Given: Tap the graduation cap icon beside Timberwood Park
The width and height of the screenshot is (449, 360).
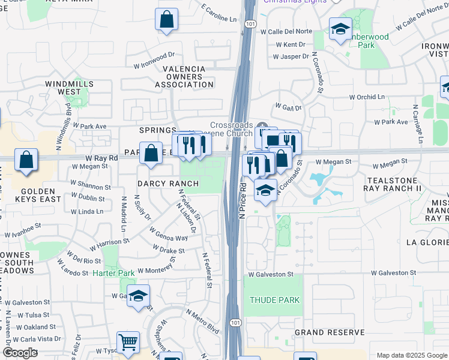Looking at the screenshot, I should tap(340, 28).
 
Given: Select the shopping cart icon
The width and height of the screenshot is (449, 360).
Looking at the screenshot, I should tap(128, 343).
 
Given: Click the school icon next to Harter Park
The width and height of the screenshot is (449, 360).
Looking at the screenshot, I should tap(138, 295).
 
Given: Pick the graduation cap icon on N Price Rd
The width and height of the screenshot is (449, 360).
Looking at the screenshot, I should tap(265, 190).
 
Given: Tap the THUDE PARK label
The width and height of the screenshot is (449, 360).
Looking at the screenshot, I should tap(274, 300).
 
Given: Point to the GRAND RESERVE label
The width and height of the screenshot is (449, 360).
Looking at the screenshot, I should tap(330, 332).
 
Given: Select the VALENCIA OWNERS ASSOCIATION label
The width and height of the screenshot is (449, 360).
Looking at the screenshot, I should tap(184, 77).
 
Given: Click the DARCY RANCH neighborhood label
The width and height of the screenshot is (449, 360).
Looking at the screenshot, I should tap(160, 184).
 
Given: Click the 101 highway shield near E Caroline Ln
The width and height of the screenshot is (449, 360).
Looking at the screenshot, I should tap(249, 23).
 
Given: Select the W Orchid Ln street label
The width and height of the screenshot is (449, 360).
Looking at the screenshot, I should tap(367, 97).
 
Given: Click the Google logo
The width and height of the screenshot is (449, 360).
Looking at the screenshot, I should tap(20, 353).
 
